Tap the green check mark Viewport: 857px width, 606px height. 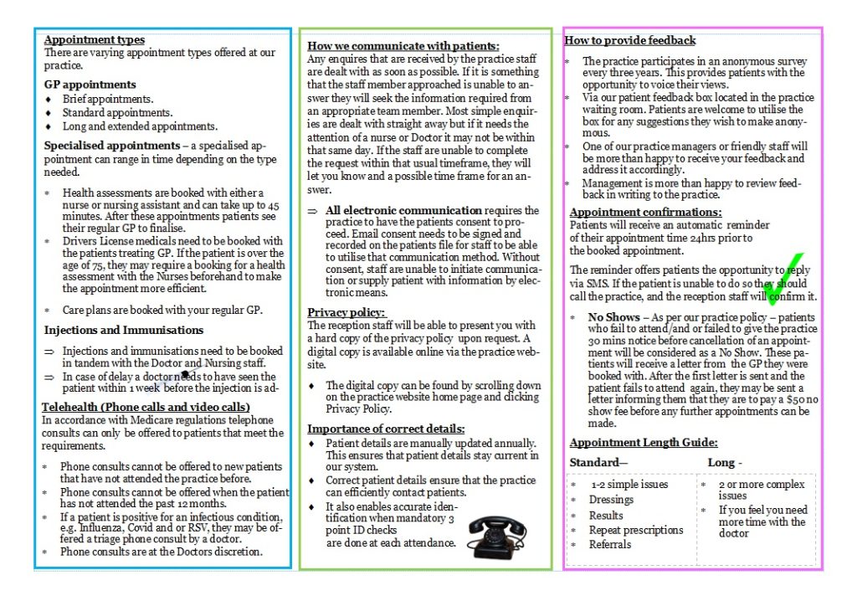pos(784,280)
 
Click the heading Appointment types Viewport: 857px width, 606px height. pos(94,39)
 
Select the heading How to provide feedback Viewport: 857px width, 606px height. pos(630,40)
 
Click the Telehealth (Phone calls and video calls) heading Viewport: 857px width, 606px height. pos(146,408)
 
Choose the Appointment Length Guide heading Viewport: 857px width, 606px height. pos(644,443)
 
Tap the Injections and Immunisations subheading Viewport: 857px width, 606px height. pos(124,330)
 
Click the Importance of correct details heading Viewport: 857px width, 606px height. pos(386,429)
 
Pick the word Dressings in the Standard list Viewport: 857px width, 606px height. pos(611,500)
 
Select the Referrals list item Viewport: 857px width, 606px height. pos(610,544)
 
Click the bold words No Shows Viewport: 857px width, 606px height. pos(614,318)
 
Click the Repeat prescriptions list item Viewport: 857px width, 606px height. pos(635,530)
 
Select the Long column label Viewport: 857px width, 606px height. pos(721,463)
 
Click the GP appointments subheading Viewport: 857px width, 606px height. pos(90,85)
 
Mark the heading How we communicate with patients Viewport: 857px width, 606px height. pos(403,46)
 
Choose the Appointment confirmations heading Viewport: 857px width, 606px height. pos(645,213)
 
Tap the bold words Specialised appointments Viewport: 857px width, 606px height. pos(111,145)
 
